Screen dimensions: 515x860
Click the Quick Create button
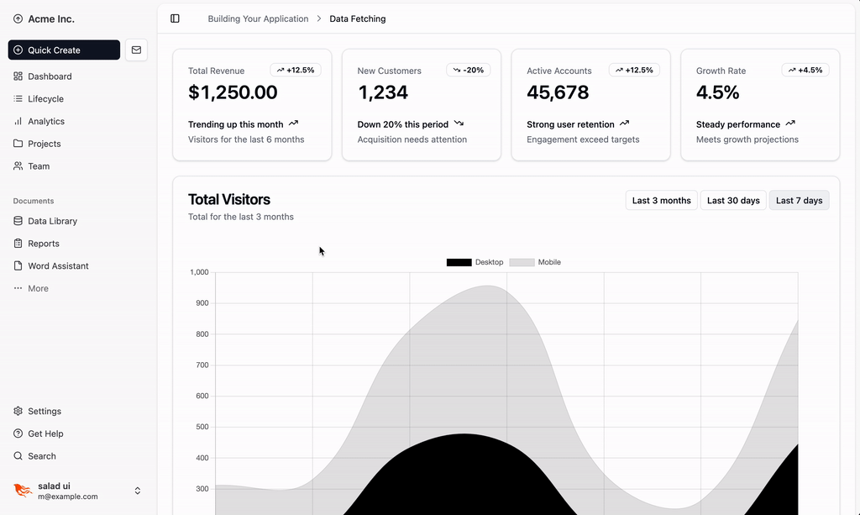[64, 50]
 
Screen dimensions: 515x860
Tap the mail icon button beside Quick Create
[136, 50]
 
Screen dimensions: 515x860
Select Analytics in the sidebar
[45, 121]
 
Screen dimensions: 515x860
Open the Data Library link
[52, 221]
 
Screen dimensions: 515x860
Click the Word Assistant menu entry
[58, 265]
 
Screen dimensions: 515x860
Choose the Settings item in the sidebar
[44, 411]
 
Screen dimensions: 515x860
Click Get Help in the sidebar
[45, 434]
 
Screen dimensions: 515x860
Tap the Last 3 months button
[661, 201]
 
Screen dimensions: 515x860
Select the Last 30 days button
[733, 201]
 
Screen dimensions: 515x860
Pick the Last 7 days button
[799, 201]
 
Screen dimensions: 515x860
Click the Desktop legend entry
[475, 262]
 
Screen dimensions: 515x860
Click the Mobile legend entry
[536, 262]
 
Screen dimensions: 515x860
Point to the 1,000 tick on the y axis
[198, 272]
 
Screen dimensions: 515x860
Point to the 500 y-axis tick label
[201, 427]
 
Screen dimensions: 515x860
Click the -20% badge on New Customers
[468, 71]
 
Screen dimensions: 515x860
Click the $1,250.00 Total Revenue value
[233, 92]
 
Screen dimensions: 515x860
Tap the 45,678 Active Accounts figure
[558, 92]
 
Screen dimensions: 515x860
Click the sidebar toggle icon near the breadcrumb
[175, 18]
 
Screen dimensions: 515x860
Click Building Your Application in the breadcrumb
[258, 18]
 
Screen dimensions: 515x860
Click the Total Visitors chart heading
[229, 199]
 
